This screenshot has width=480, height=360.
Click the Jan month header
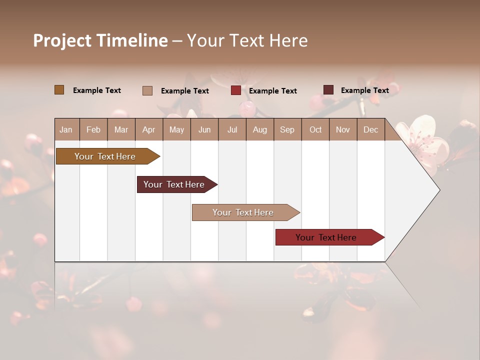pyautogui.click(x=66, y=129)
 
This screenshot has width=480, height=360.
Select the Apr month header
pyautogui.click(x=148, y=129)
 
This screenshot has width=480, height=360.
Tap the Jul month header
pyautogui.click(x=232, y=129)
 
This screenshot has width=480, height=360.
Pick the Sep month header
pyautogui.click(x=287, y=129)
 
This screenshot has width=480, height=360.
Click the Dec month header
pyautogui.click(x=370, y=129)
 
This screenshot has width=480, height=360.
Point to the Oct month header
pyautogui.click(x=315, y=129)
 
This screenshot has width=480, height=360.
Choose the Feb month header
pyautogui.click(x=93, y=129)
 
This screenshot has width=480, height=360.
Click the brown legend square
pyautogui.click(x=59, y=90)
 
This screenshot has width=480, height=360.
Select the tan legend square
pyautogui.click(x=147, y=90)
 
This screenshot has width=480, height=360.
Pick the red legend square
pyautogui.click(x=236, y=90)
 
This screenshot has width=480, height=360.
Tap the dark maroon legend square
pyautogui.click(x=328, y=90)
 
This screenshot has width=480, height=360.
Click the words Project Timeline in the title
pyautogui.click(x=100, y=40)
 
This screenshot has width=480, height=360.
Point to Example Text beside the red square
pyautogui.click(x=272, y=91)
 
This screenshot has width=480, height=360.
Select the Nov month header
pyautogui.click(x=343, y=129)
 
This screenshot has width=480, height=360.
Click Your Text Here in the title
pyautogui.click(x=247, y=40)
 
